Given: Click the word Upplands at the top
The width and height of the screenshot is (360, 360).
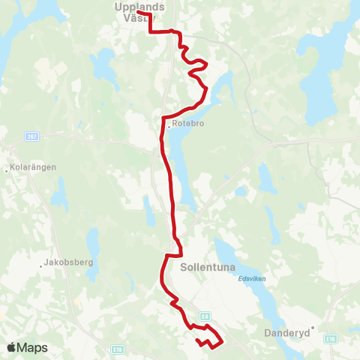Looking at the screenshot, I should click(140, 6).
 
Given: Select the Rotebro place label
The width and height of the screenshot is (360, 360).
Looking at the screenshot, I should click(188, 124).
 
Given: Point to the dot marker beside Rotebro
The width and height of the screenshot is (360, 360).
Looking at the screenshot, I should click(169, 126).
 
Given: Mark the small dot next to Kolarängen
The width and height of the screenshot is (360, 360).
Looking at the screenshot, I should click(6, 170).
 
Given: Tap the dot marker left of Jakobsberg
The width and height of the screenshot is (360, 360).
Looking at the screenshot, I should click(40, 265).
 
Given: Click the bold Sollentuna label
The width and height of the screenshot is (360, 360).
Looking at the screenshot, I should click(207, 265).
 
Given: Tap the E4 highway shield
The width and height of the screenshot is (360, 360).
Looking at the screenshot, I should click(204, 316).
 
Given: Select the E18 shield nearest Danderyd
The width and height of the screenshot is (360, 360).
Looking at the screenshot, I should click(329, 340).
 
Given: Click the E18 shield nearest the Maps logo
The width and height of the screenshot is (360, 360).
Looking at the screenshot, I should click(117, 349).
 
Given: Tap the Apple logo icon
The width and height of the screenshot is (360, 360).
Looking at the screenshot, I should click(11, 347).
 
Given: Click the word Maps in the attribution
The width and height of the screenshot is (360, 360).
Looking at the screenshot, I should click(33, 348).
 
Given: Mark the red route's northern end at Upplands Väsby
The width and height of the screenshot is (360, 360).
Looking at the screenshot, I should click(139, 13).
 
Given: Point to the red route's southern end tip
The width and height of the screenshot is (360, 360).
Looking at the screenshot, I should click(197, 341).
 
